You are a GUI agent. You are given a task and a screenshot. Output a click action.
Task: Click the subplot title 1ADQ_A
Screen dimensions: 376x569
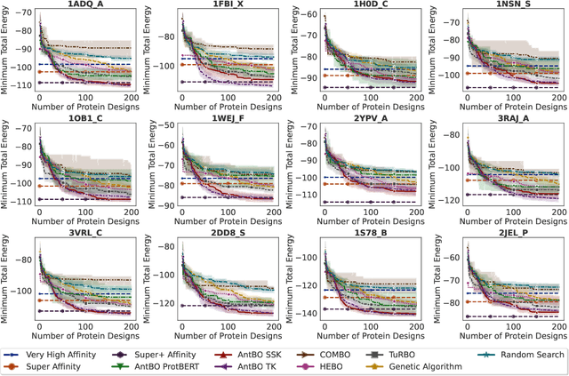[86, 5]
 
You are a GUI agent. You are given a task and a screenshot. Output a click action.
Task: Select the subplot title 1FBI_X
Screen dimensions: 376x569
[228, 5]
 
